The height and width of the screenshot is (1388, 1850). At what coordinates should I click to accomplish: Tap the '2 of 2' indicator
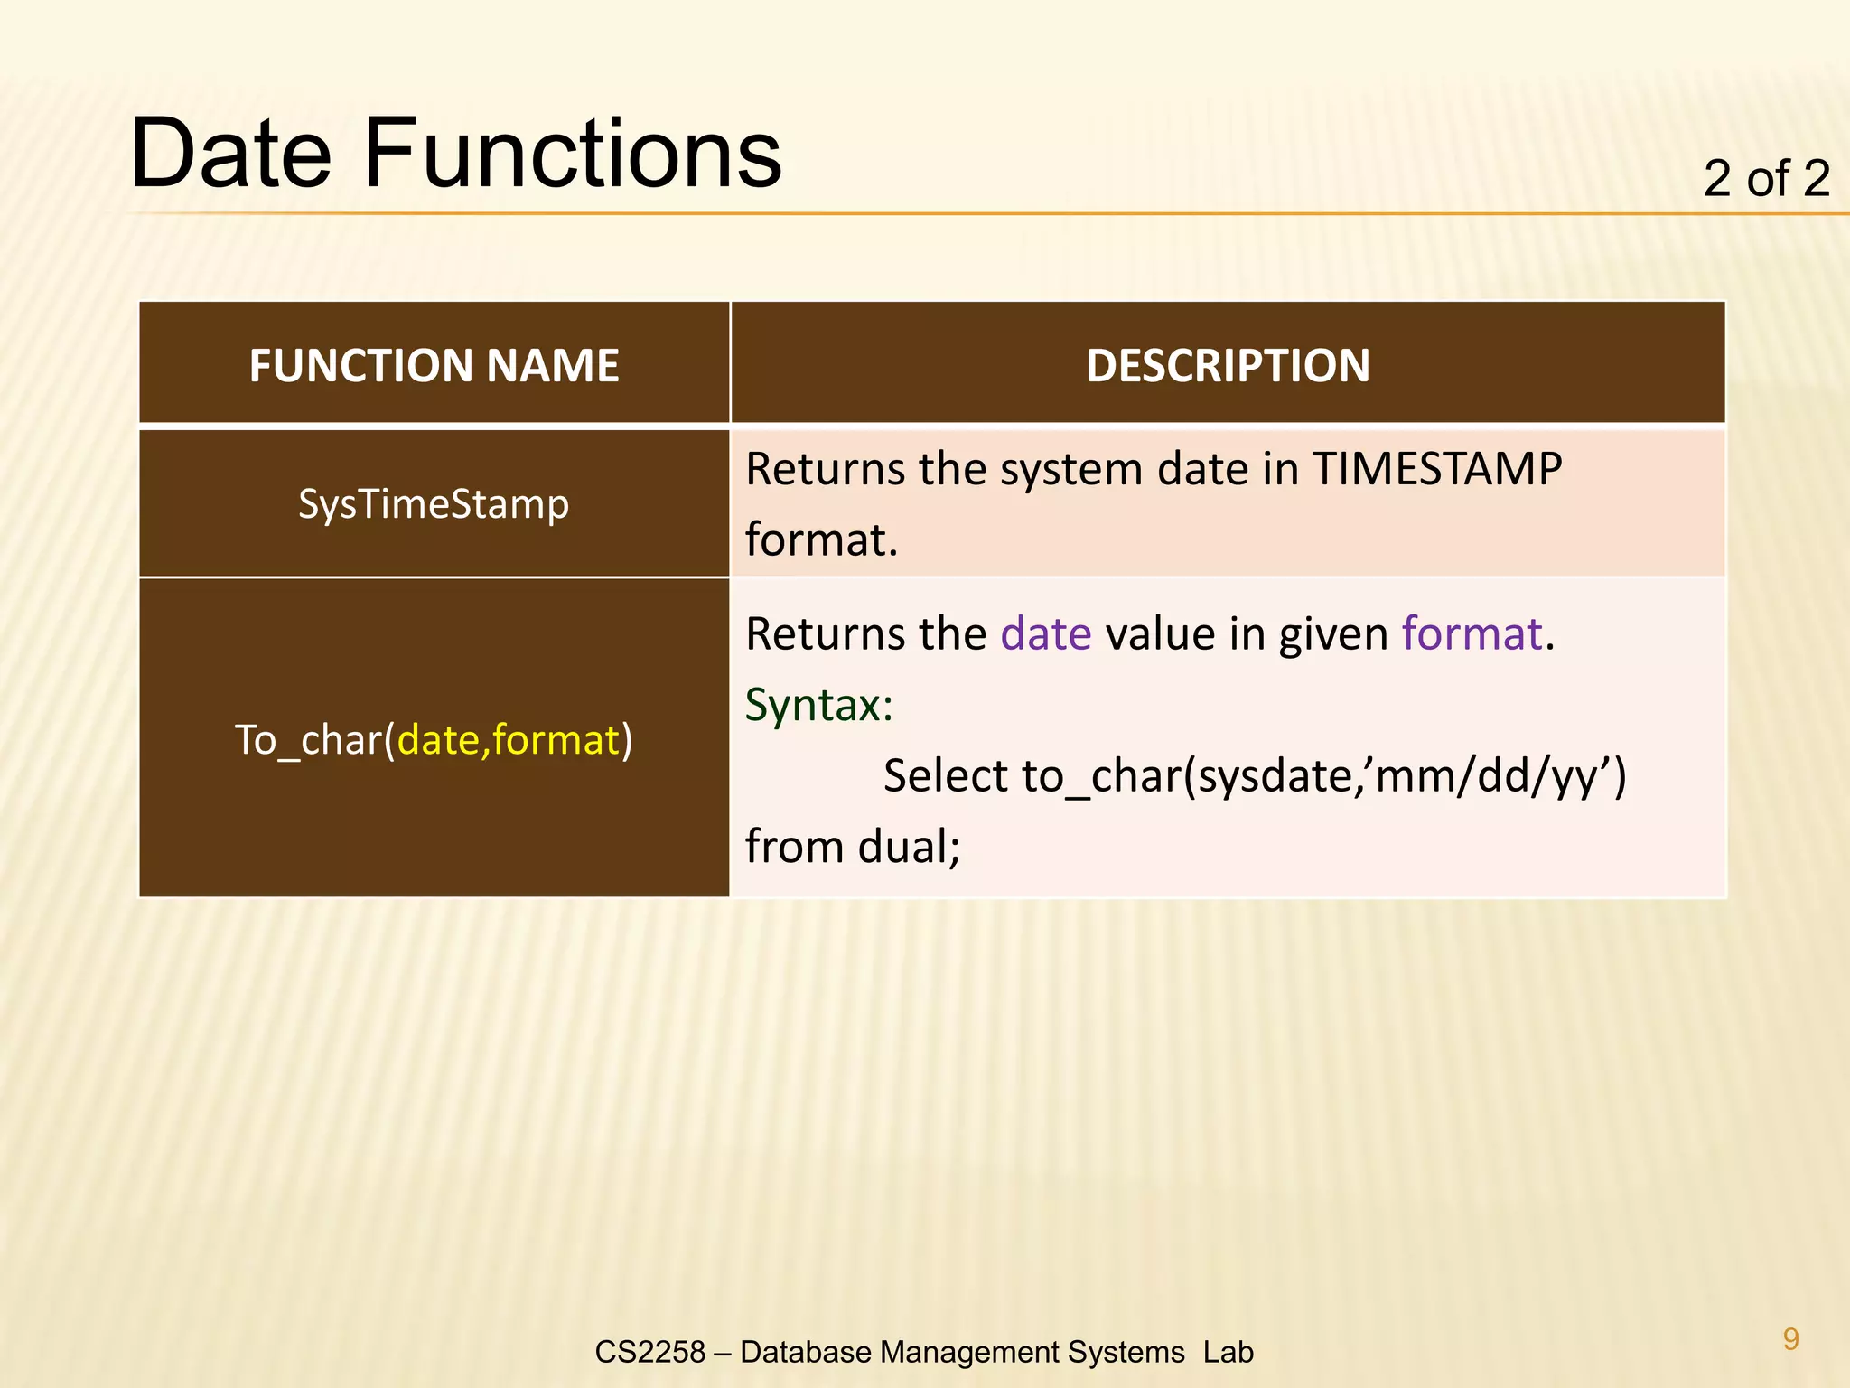(x=1766, y=178)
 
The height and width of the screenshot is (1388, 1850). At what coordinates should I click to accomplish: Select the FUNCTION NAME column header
(x=434, y=366)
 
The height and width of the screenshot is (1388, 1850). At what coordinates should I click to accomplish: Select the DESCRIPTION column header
(x=1228, y=366)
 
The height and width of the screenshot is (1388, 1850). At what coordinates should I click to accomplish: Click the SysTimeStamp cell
(x=434, y=504)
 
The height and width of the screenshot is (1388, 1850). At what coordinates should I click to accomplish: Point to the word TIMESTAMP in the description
(x=1436, y=469)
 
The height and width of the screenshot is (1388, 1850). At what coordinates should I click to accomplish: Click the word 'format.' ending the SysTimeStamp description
(x=821, y=539)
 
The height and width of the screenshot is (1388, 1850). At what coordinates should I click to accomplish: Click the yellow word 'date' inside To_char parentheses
(x=441, y=740)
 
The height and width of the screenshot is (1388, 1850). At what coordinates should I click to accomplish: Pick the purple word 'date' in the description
(x=1046, y=633)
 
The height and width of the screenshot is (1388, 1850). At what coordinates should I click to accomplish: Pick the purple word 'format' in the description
(x=1472, y=633)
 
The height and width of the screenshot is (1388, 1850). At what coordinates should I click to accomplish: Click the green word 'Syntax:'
(x=818, y=705)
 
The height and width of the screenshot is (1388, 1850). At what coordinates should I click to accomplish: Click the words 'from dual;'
(x=852, y=847)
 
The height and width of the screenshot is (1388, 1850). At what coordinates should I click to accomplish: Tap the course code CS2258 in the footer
(x=649, y=1352)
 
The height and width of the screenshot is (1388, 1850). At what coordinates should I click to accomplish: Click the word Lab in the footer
(x=1228, y=1352)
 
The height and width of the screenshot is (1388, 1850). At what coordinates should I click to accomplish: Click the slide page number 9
(x=1790, y=1338)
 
